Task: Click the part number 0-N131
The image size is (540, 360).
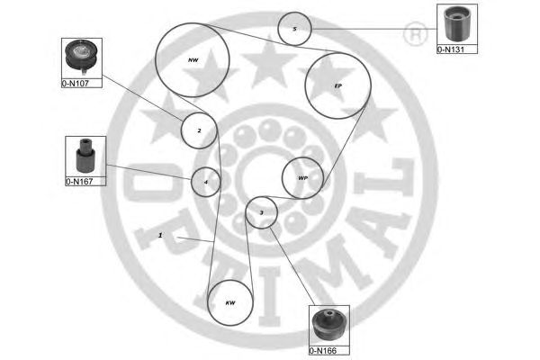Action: pyautogui.click(x=451, y=49)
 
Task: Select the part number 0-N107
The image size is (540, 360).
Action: pyautogui.click(x=76, y=84)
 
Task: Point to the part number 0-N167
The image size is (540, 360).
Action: pyautogui.click(x=79, y=182)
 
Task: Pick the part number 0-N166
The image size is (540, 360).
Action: pyautogui.click(x=323, y=351)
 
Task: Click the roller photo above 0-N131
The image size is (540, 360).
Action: pyautogui.click(x=457, y=24)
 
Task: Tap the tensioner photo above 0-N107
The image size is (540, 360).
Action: pyautogui.click(x=82, y=56)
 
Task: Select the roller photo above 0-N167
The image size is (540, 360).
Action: pyautogui.click(x=85, y=156)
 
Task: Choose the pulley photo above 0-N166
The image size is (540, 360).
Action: pyautogui.click(x=328, y=325)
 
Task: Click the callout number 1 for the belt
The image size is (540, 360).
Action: pyautogui.click(x=160, y=235)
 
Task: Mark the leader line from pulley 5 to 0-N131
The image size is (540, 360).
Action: pyautogui.click(x=374, y=29)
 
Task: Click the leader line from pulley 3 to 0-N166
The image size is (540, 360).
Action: pyautogui.click(x=292, y=266)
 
